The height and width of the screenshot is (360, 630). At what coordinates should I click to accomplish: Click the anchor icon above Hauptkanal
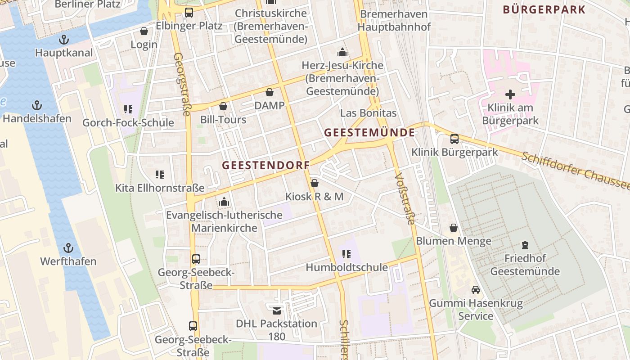64,39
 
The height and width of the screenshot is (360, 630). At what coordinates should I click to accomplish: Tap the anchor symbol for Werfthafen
68,248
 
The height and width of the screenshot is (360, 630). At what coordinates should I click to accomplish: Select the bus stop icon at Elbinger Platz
189,13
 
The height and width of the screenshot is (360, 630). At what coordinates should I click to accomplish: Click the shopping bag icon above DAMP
270,92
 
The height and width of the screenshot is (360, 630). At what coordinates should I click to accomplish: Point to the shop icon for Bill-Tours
223,106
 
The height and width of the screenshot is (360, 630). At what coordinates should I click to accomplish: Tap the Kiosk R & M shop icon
315,183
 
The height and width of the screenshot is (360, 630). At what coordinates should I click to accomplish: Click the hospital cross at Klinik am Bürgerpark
510,94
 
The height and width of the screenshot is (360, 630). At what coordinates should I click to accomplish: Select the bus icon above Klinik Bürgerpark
454,139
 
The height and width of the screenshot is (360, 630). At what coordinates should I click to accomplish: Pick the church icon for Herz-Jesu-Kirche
342,52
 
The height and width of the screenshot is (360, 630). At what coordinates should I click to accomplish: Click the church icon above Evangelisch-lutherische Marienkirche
224,202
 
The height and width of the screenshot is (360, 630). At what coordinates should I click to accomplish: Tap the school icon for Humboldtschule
346,254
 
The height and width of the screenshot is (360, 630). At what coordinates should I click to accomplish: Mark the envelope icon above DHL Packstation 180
277,310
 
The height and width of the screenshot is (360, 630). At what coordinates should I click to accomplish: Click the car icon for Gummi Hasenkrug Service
476,290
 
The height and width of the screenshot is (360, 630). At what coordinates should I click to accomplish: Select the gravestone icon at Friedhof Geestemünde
525,245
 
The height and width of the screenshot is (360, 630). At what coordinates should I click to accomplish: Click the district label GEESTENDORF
266,165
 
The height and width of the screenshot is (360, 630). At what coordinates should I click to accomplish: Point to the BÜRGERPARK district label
544,9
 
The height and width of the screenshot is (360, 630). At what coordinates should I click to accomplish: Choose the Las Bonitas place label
368,113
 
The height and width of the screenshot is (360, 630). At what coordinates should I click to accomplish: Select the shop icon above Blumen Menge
454,228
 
